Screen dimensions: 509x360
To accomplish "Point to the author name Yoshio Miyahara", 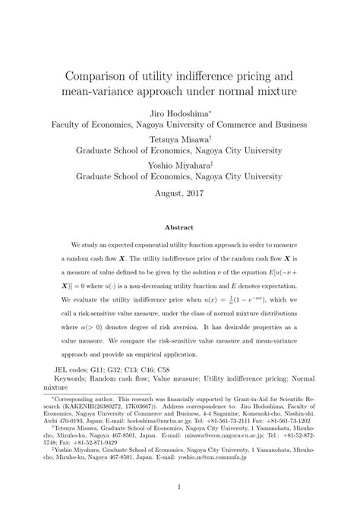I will pyautogui.click(x=177, y=164).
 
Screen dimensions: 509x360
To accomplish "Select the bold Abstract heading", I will pyautogui.click(x=180, y=226).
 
